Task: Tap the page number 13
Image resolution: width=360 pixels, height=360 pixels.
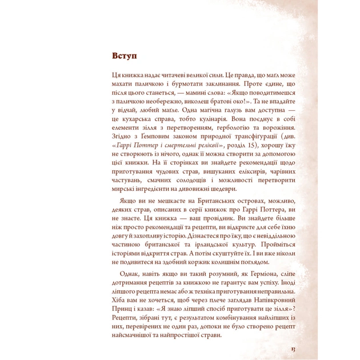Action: pos(293,349)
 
